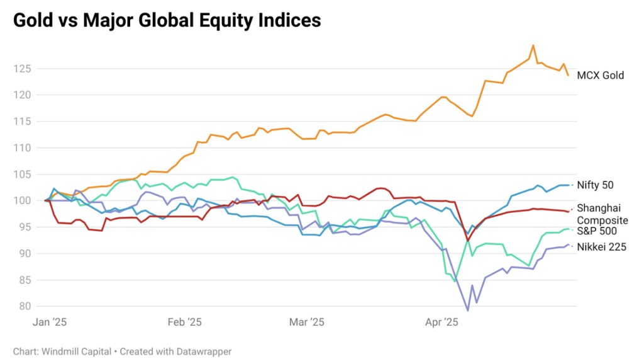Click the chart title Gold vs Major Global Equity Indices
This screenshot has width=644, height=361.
click(167, 20)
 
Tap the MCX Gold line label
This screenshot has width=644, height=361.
click(600, 76)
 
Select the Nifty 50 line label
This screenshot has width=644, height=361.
click(595, 185)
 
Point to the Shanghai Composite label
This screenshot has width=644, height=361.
click(602, 214)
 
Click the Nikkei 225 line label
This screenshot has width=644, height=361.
click(601, 248)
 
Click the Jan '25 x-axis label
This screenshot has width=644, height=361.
click(50, 323)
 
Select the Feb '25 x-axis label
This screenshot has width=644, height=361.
click(185, 323)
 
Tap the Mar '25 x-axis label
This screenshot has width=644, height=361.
click(306, 323)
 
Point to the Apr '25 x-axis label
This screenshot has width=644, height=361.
click(441, 323)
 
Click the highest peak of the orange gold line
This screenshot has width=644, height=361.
click(533, 45)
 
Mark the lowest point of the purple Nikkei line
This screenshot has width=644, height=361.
click(467, 310)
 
